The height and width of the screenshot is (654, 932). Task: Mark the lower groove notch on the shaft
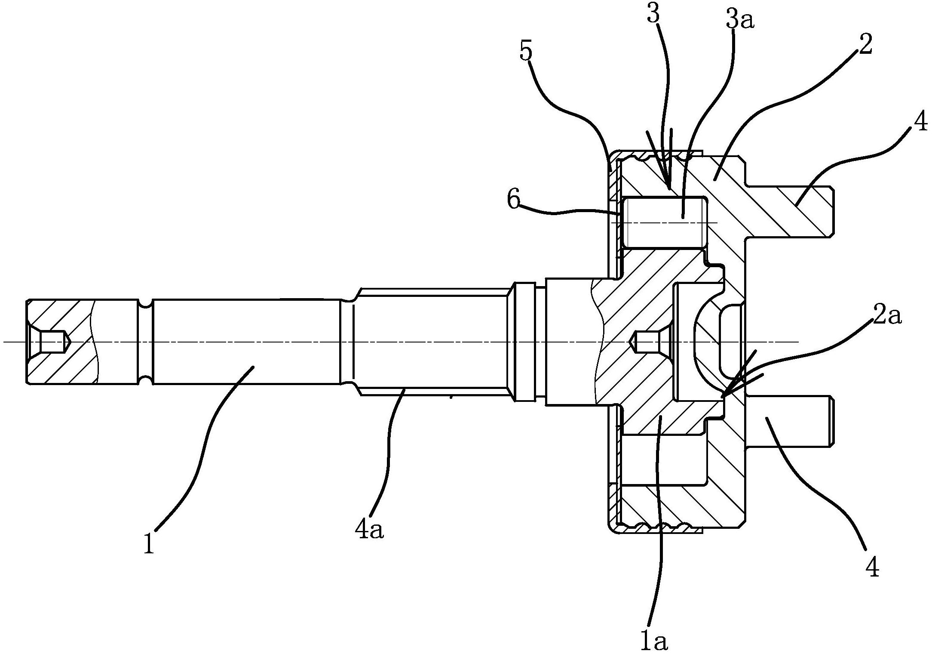147,381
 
